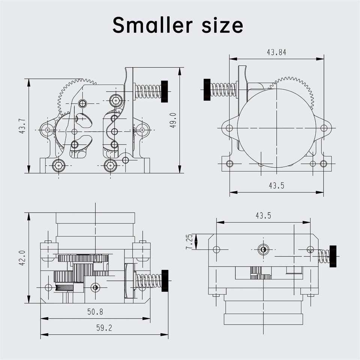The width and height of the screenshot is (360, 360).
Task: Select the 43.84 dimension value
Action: (276, 53)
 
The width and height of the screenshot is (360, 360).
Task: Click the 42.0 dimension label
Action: (22, 258)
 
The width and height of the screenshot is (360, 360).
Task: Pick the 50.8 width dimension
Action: (95, 312)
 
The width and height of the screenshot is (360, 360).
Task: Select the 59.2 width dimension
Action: (104, 328)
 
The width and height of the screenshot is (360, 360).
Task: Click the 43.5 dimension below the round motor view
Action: (276, 186)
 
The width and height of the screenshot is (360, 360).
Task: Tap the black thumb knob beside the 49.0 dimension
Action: (164, 91)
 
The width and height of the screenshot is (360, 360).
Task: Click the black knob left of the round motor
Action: (207, 90)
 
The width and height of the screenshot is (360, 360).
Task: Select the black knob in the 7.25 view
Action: (333, 256)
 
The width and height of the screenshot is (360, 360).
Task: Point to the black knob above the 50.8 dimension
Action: (164, 280)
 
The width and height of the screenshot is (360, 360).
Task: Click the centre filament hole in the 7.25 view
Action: (263, 249)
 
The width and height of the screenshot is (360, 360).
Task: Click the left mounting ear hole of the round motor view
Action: (229, 128)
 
